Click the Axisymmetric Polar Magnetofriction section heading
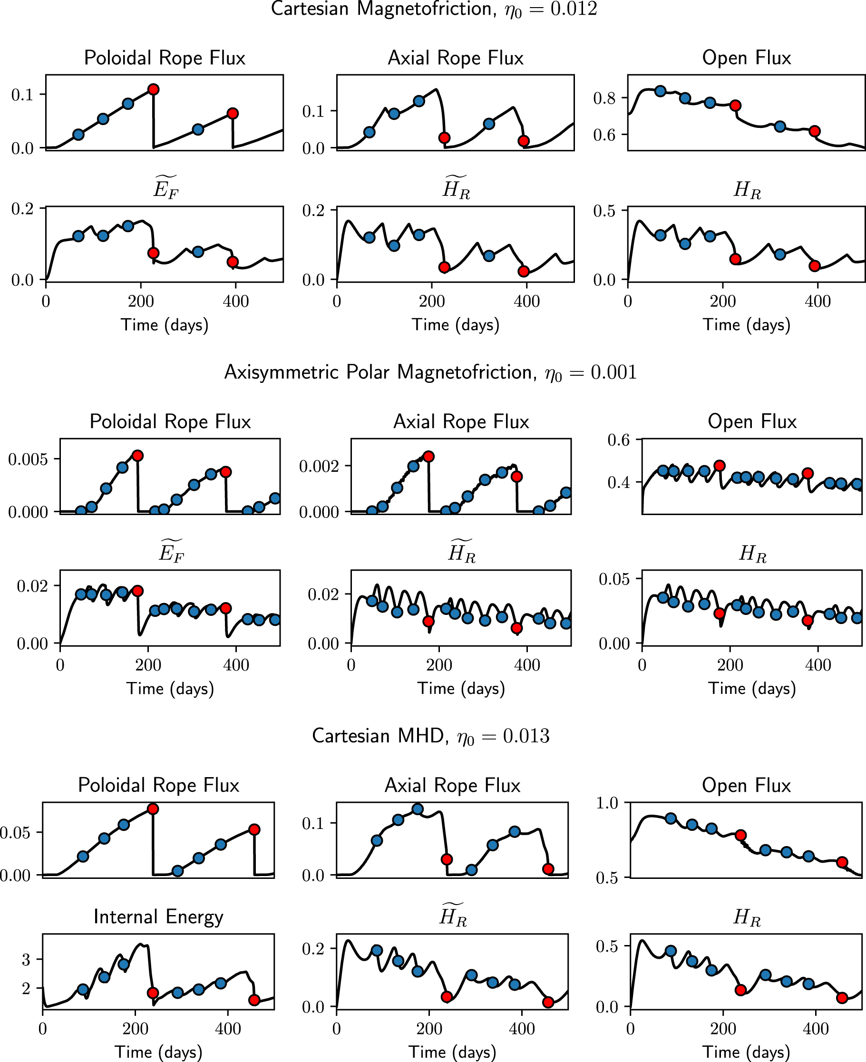pos(430,372)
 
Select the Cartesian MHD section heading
pos(430,736)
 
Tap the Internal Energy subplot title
pos(158,916)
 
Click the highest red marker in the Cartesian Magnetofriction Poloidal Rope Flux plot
pos(154,89)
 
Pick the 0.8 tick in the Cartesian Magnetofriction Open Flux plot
pos(604,98)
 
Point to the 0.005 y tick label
pos(28,459)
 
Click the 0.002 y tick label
pos(319,467)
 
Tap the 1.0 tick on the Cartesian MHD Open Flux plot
pos(607,803)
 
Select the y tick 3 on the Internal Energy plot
pos(26,959)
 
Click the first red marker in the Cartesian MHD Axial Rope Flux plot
pos(447,859)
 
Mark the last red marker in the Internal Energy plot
pos(254,1000)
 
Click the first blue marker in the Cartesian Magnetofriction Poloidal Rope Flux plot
pos(78,134)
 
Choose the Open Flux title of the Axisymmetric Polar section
pos(752,421)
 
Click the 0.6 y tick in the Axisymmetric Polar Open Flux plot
pos(618,440)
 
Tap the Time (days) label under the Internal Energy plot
pos(158,1052)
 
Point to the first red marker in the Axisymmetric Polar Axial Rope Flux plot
pos(428,457)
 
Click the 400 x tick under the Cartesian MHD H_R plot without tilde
pos(816,1029)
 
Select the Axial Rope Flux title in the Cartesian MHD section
pos(452,785)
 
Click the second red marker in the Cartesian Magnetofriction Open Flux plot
pos(815,131)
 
